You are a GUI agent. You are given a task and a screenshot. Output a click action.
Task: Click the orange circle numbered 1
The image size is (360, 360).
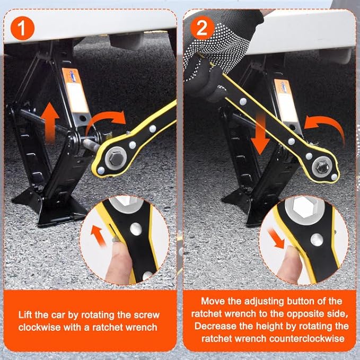click(22, 28)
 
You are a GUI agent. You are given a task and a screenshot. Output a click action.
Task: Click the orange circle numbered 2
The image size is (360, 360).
click(202, 28)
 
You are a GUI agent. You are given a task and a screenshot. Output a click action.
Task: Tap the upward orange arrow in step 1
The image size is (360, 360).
click(50, 122)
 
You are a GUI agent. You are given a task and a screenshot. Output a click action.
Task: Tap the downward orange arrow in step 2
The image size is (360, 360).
click(260, 134)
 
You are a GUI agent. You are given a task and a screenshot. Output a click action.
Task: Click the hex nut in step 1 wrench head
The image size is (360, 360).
click(116, 159)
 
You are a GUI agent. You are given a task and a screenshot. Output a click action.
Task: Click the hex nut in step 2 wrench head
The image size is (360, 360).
click(322, 167)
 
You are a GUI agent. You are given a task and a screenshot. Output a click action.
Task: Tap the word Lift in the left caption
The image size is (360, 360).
click(25, 315)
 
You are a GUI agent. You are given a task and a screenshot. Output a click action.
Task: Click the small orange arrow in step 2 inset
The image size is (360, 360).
click(276, 239)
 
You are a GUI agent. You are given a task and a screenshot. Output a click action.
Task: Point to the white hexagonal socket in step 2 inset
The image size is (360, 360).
click(304, 207)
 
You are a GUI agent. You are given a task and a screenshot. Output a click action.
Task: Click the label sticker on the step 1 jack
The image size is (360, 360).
click(75, 90)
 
